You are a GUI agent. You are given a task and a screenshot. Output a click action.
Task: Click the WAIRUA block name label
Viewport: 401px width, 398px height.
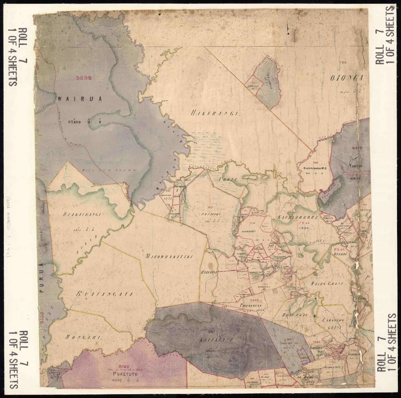coord(80,99)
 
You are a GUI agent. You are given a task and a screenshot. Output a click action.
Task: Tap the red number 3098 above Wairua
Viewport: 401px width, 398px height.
coord(84,78)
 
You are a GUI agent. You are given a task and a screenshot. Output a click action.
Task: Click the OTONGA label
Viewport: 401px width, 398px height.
coord(347,78)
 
